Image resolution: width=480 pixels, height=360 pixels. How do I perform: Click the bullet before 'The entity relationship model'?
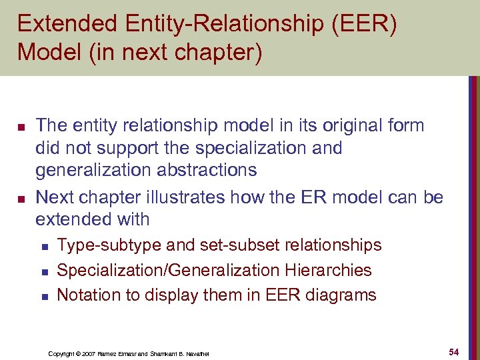click(20, 125)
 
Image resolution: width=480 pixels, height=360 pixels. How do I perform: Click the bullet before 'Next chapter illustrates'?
click(20, 197)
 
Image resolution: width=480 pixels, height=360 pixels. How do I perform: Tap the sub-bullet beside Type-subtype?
click(44, 246)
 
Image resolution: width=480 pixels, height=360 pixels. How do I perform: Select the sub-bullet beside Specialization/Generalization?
click(44, 271)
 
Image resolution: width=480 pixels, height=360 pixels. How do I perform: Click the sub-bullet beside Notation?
click(44, 295)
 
